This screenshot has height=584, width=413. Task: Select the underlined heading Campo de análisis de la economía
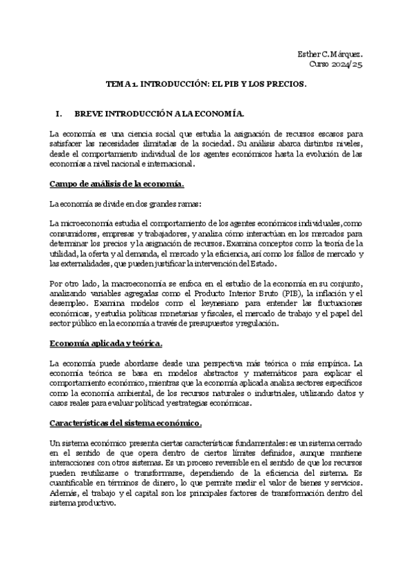[x=118, y=184]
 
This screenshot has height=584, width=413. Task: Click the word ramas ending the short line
[x=187, y=204]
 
